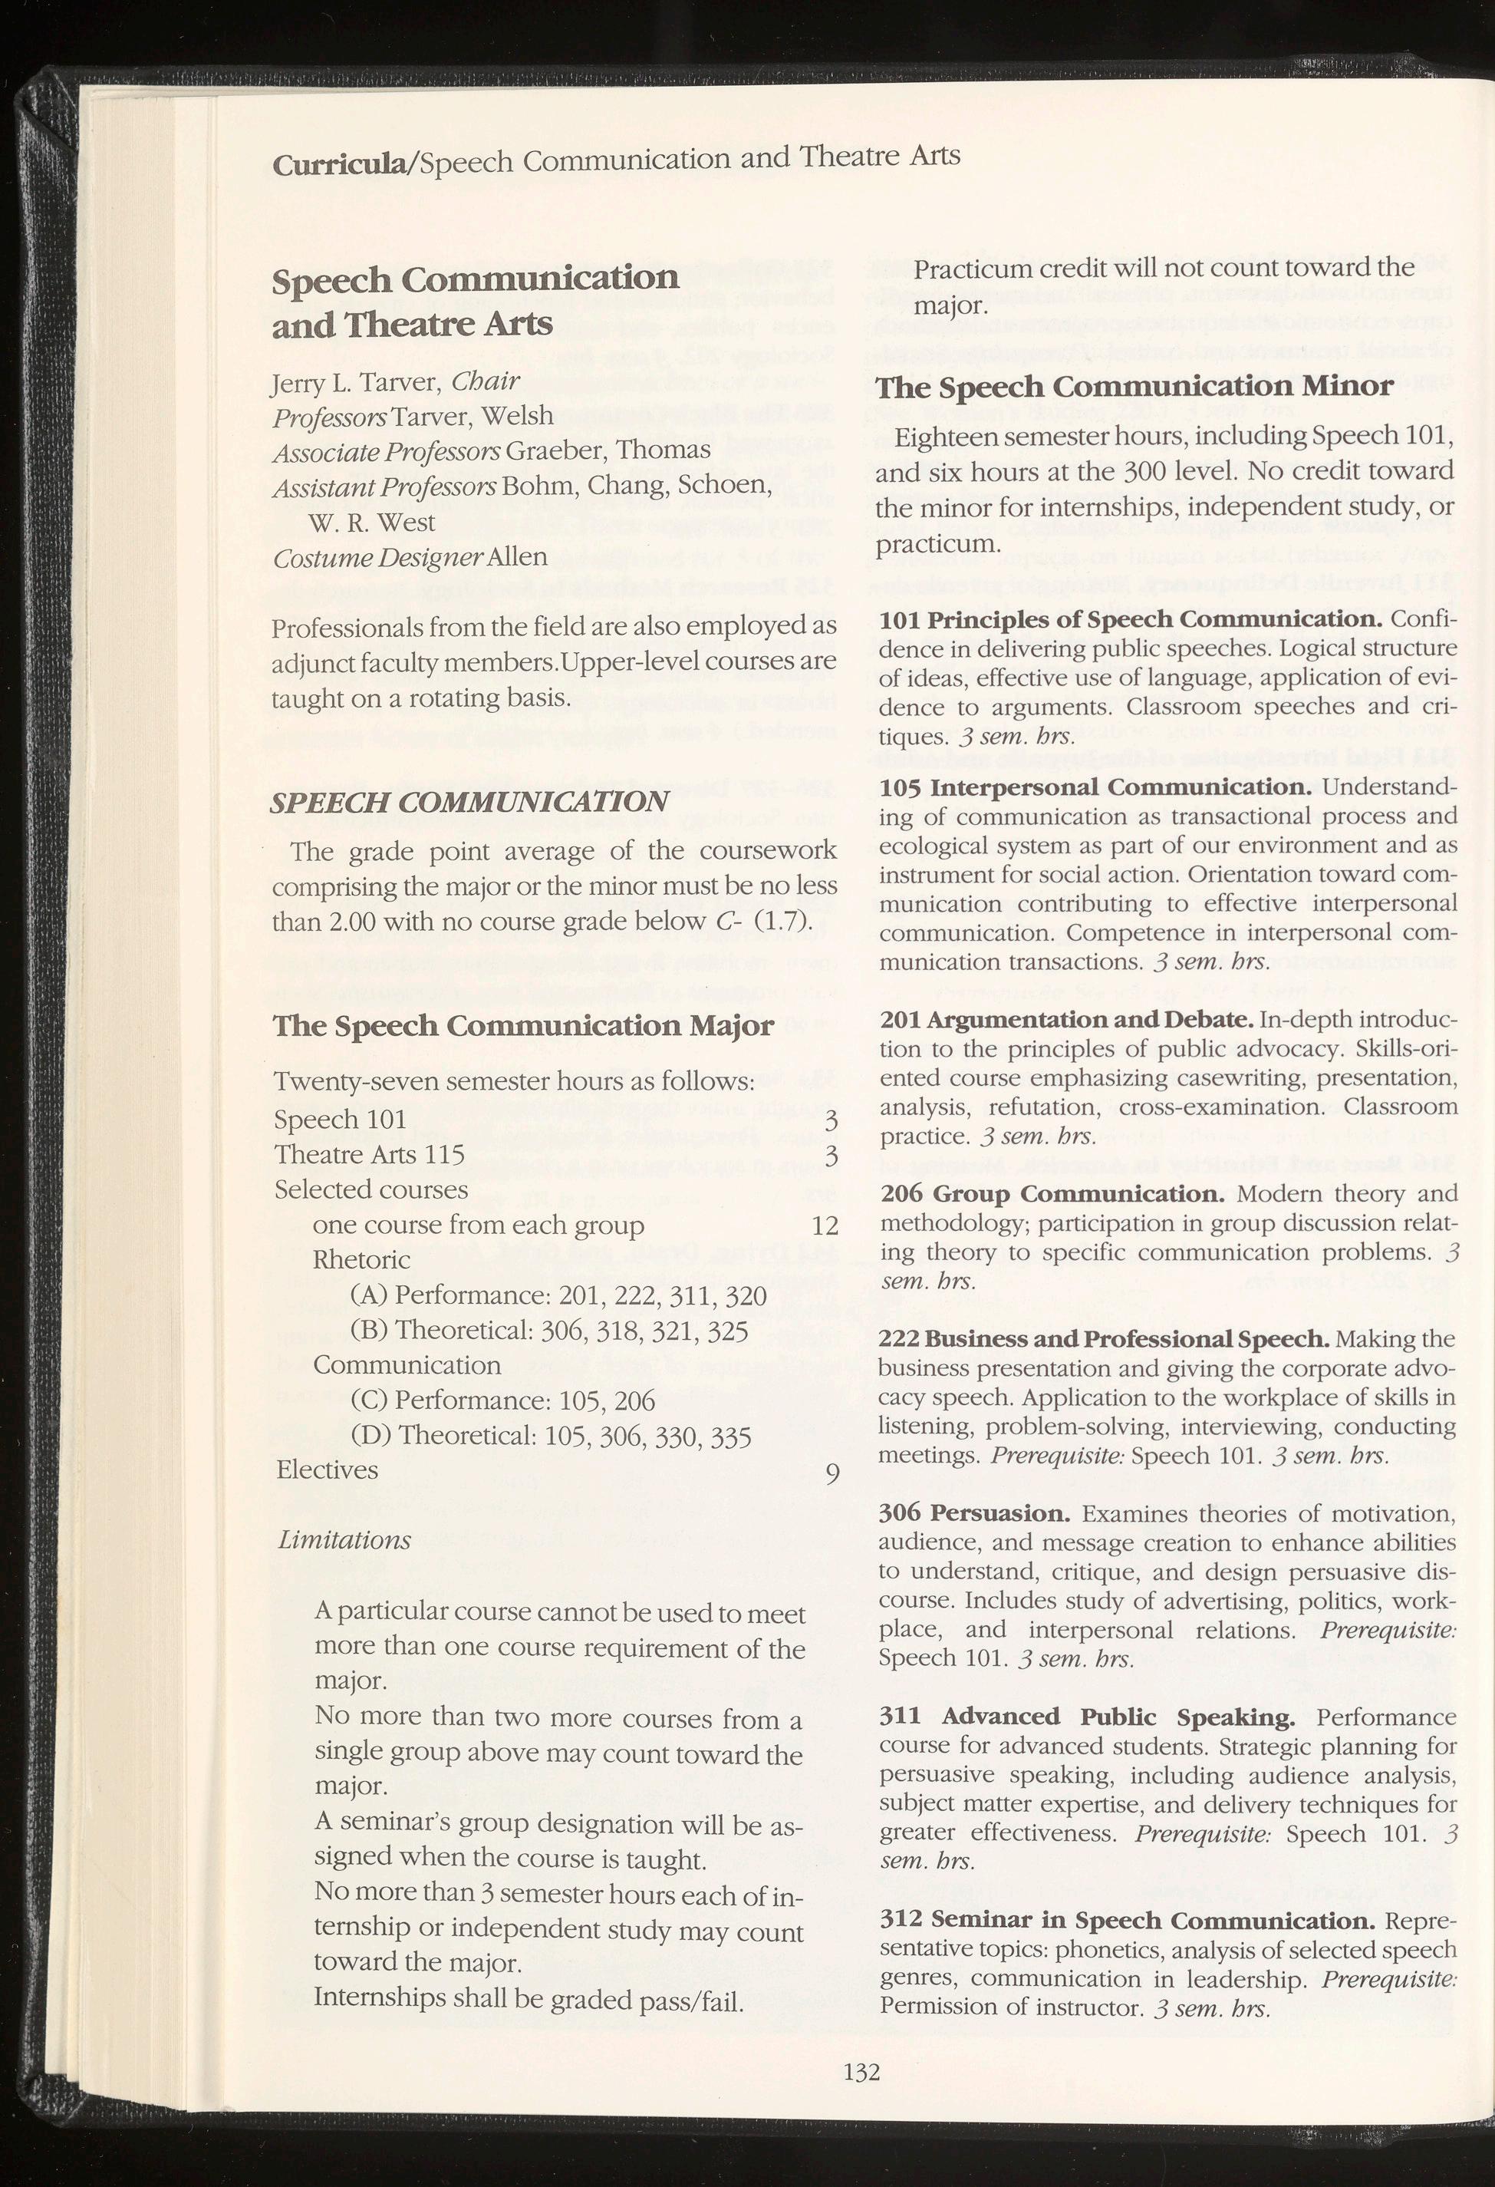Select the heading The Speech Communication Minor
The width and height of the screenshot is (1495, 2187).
(x=1134, y=387)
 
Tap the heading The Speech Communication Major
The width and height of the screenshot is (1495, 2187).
(x=523, y=1024)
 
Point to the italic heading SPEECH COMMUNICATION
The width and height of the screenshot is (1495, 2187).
(x=469, y=802)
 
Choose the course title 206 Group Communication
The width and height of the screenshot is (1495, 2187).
(x=1052, y=1194)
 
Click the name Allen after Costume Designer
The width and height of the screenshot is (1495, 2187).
(x=518, y=556)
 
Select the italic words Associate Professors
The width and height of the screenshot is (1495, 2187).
(x=386, y=452)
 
